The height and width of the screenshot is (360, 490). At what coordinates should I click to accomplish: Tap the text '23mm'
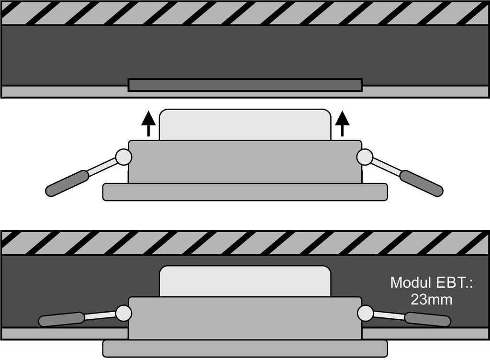[x=432, y=300]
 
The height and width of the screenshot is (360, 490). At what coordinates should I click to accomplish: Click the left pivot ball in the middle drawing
[x=123, y=157]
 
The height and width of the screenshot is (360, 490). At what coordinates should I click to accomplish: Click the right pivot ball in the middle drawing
[x=365, y=157]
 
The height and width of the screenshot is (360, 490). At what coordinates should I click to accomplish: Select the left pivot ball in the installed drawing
[x=123, y=313]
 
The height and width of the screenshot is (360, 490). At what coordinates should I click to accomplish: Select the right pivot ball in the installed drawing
[x=365, y=313]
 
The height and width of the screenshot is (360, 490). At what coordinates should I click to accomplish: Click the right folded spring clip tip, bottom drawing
[x=427, y=319]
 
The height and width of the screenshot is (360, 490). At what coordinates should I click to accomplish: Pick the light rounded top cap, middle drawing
[x=245, y=124]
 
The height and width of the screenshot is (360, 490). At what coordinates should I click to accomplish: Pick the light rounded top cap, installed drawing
[x=245, y=281]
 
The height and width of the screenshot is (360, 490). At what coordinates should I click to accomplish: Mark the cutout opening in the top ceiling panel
[x=245, y=85]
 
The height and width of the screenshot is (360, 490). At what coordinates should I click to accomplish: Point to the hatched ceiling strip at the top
[x=245, y=13]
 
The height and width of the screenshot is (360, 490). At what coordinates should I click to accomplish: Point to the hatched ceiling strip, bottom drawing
[x=245, y=243]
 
